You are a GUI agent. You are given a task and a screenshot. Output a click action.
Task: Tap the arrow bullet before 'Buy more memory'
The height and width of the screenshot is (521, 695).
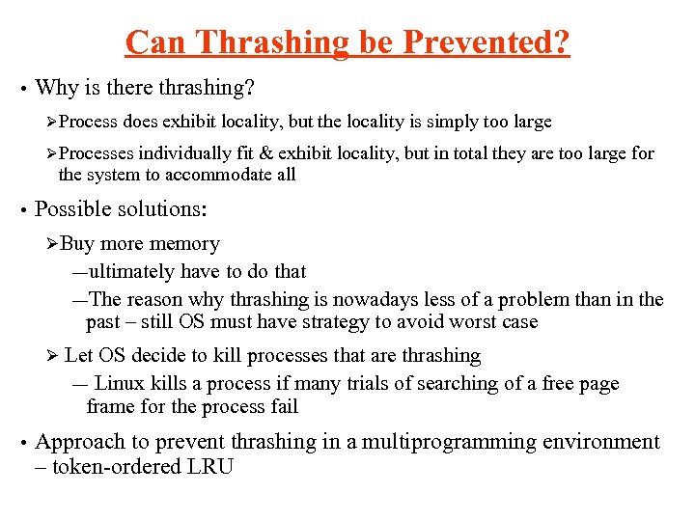(52, 244)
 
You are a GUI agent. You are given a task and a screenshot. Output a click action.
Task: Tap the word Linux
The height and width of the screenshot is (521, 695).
(120, 383)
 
